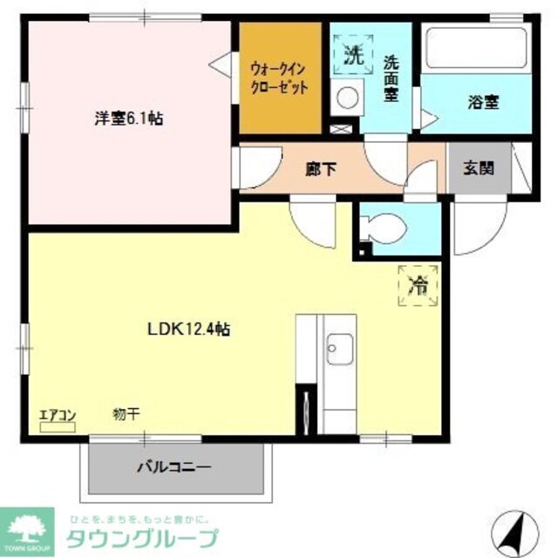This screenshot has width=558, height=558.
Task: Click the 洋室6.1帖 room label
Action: click(x=129, y=119)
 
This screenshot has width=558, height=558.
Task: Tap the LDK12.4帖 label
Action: click(x=187, y=329)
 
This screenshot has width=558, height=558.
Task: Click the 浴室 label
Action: click(x=480, y=101)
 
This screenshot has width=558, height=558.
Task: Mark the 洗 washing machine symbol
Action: click(x=351, y=58)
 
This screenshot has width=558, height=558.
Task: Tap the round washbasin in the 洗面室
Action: click(x=347, y=98)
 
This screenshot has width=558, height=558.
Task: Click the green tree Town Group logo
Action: click(x=27, y=526)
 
